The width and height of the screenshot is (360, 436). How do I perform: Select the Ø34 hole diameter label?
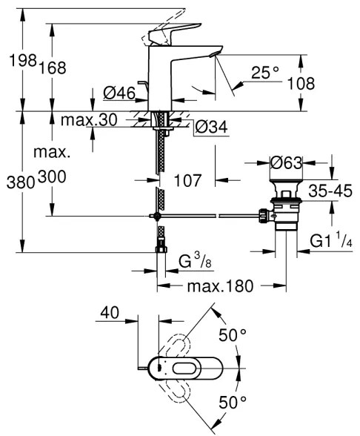(x=212, y=128)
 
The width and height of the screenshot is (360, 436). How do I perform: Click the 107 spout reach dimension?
(x=188, y=179)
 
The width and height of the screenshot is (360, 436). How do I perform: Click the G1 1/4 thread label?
(x=330, y=241)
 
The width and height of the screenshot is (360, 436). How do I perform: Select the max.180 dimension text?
(x=221, y=285)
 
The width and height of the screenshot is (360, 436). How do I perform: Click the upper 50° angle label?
(x=232, y=336)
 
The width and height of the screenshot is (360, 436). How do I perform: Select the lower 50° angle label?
(x=232, y=403)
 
